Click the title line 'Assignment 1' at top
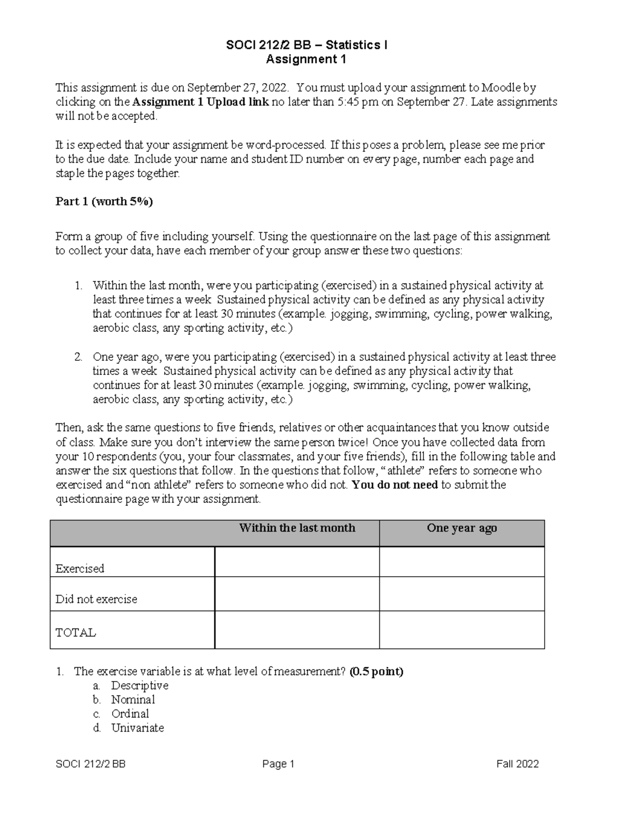click(x=306, y=60)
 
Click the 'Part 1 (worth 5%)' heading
click(x=104, y=202)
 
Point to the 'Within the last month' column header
click(x=297, y=528)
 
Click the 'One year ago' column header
click(x=462, y=528)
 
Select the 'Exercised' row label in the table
click(x=80, y=569)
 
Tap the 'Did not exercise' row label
click(x=96, y=599)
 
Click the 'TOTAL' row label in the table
click(x=76, y=633)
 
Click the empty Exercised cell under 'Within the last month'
click(x=297, y=562)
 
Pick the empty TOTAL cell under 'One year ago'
click(x=462, y=630)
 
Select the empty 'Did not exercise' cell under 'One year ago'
click(x=462, y=594)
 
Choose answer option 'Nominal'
click(x=133, y=700)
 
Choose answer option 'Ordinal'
click(x=130, y=714)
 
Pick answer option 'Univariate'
click(x=137, y=728)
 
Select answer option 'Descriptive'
click(x=140, y=686)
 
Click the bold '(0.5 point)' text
click(x=376, y=672)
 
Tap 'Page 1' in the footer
click(x=278, y=764)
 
